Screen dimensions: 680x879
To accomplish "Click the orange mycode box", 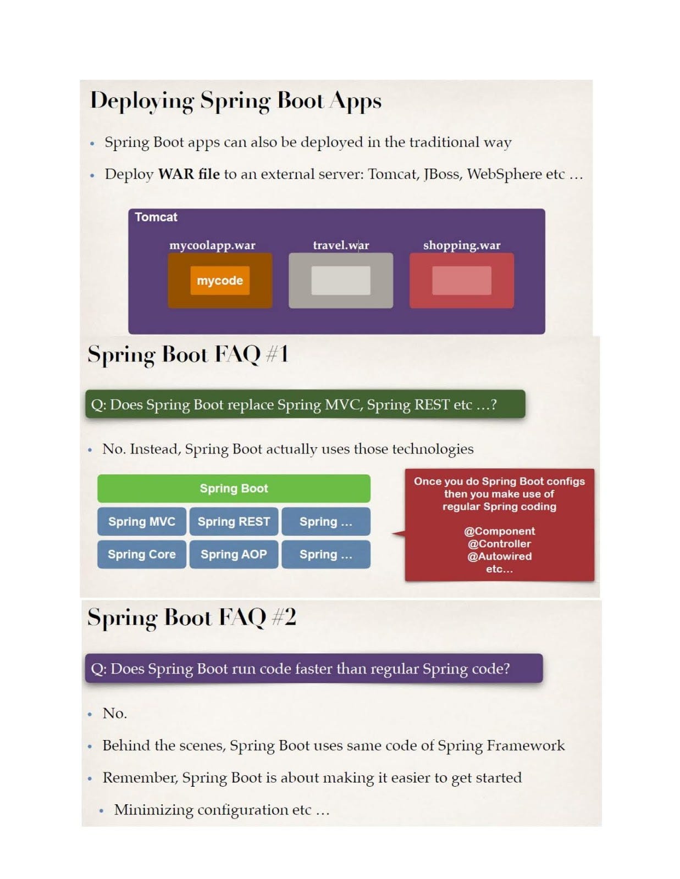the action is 219,280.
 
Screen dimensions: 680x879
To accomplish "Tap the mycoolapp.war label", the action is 212,245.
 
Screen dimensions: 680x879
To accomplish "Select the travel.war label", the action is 341,245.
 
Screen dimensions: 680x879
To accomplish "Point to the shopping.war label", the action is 461,245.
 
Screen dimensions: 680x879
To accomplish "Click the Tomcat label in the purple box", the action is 156,217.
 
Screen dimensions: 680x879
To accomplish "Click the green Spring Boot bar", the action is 234,488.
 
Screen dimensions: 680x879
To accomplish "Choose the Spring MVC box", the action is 141,521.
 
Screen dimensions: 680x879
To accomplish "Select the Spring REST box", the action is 234,521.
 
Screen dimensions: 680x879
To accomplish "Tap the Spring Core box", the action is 141,554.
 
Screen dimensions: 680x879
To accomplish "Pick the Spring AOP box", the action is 234,554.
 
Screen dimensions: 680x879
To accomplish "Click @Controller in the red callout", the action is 499,543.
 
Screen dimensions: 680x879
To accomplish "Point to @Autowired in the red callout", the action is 499,556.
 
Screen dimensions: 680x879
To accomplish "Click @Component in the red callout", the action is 499,531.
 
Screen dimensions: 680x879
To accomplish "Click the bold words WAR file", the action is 189,174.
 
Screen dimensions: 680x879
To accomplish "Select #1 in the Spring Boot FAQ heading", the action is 277,354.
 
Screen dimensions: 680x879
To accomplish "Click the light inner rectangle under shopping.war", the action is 461,280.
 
